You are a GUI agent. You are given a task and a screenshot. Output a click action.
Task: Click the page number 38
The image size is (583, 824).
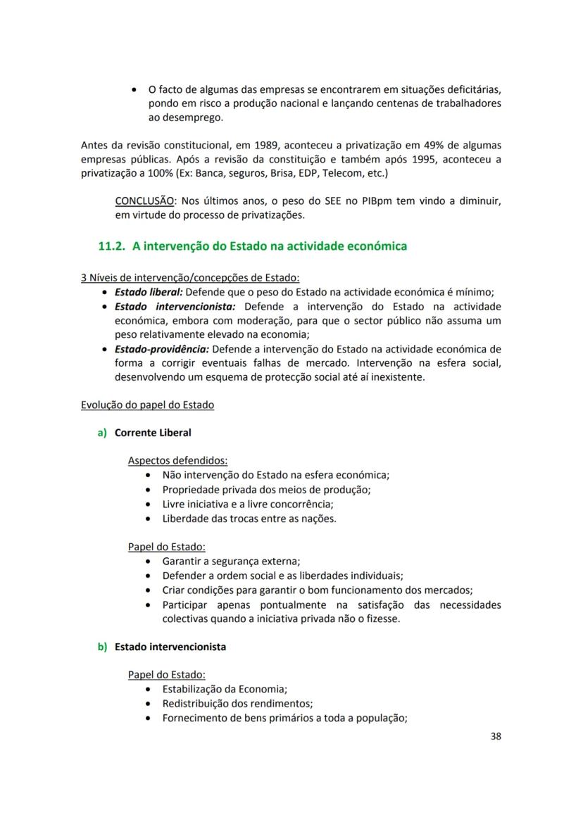click(x=495, y=737)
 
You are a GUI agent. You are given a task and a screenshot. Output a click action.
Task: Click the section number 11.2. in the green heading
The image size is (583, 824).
click(x=112, y=246)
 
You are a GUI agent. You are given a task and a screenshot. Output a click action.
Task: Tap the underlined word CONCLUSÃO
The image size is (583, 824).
click(x=145, y=201)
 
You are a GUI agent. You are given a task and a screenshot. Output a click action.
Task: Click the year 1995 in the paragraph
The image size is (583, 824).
click(x=414, y=159)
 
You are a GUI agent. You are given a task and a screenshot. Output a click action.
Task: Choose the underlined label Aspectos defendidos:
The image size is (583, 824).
click(x=177, y=460)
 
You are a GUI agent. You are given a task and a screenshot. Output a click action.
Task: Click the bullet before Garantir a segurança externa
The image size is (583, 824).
click(x=146, y=561)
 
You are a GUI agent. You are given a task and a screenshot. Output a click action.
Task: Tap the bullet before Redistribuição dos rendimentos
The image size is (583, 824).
click(x=146, y=704)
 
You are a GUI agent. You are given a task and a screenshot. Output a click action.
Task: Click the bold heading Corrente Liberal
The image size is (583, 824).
click(x=153, y=433)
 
